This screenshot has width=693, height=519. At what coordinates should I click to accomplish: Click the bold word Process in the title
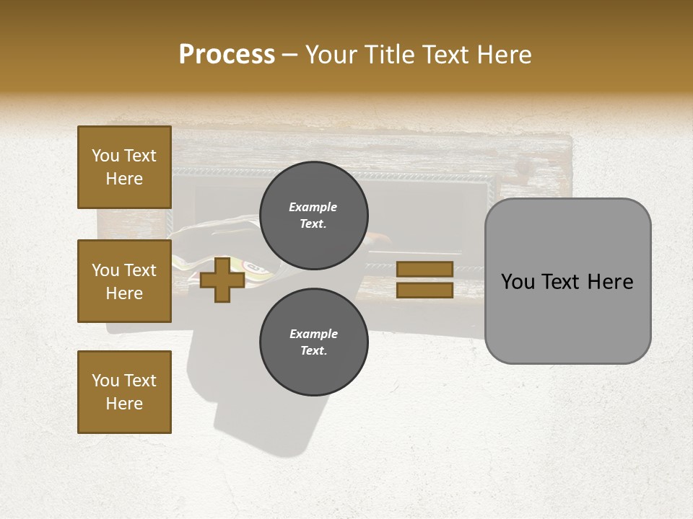pos(227,55)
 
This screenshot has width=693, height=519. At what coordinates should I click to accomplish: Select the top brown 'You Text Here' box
pos(124,167)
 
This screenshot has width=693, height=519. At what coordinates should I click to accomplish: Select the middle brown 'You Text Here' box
pos(124,281)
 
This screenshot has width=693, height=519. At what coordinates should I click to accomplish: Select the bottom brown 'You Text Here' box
pos(124,392)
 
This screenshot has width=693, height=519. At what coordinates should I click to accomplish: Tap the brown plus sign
pos(222,280)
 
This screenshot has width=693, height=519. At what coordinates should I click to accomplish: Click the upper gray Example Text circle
pos(313,216)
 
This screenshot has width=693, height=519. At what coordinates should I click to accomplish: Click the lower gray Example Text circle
pos(313,342)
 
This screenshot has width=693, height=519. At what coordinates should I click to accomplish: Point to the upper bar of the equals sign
pos(424,269)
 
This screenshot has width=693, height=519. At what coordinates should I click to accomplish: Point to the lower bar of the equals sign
pos(424,290)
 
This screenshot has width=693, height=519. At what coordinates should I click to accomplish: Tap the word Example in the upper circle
pos(313,207)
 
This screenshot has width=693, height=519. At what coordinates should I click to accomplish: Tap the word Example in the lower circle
pos(313,334)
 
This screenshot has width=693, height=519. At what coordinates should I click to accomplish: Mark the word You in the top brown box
pos(105,156)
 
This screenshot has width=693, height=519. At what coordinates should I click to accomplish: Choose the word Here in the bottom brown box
pos(124,404)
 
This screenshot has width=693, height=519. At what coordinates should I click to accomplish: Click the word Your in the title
pos(329,55)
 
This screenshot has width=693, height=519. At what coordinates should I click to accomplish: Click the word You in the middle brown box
pos(105,270)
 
